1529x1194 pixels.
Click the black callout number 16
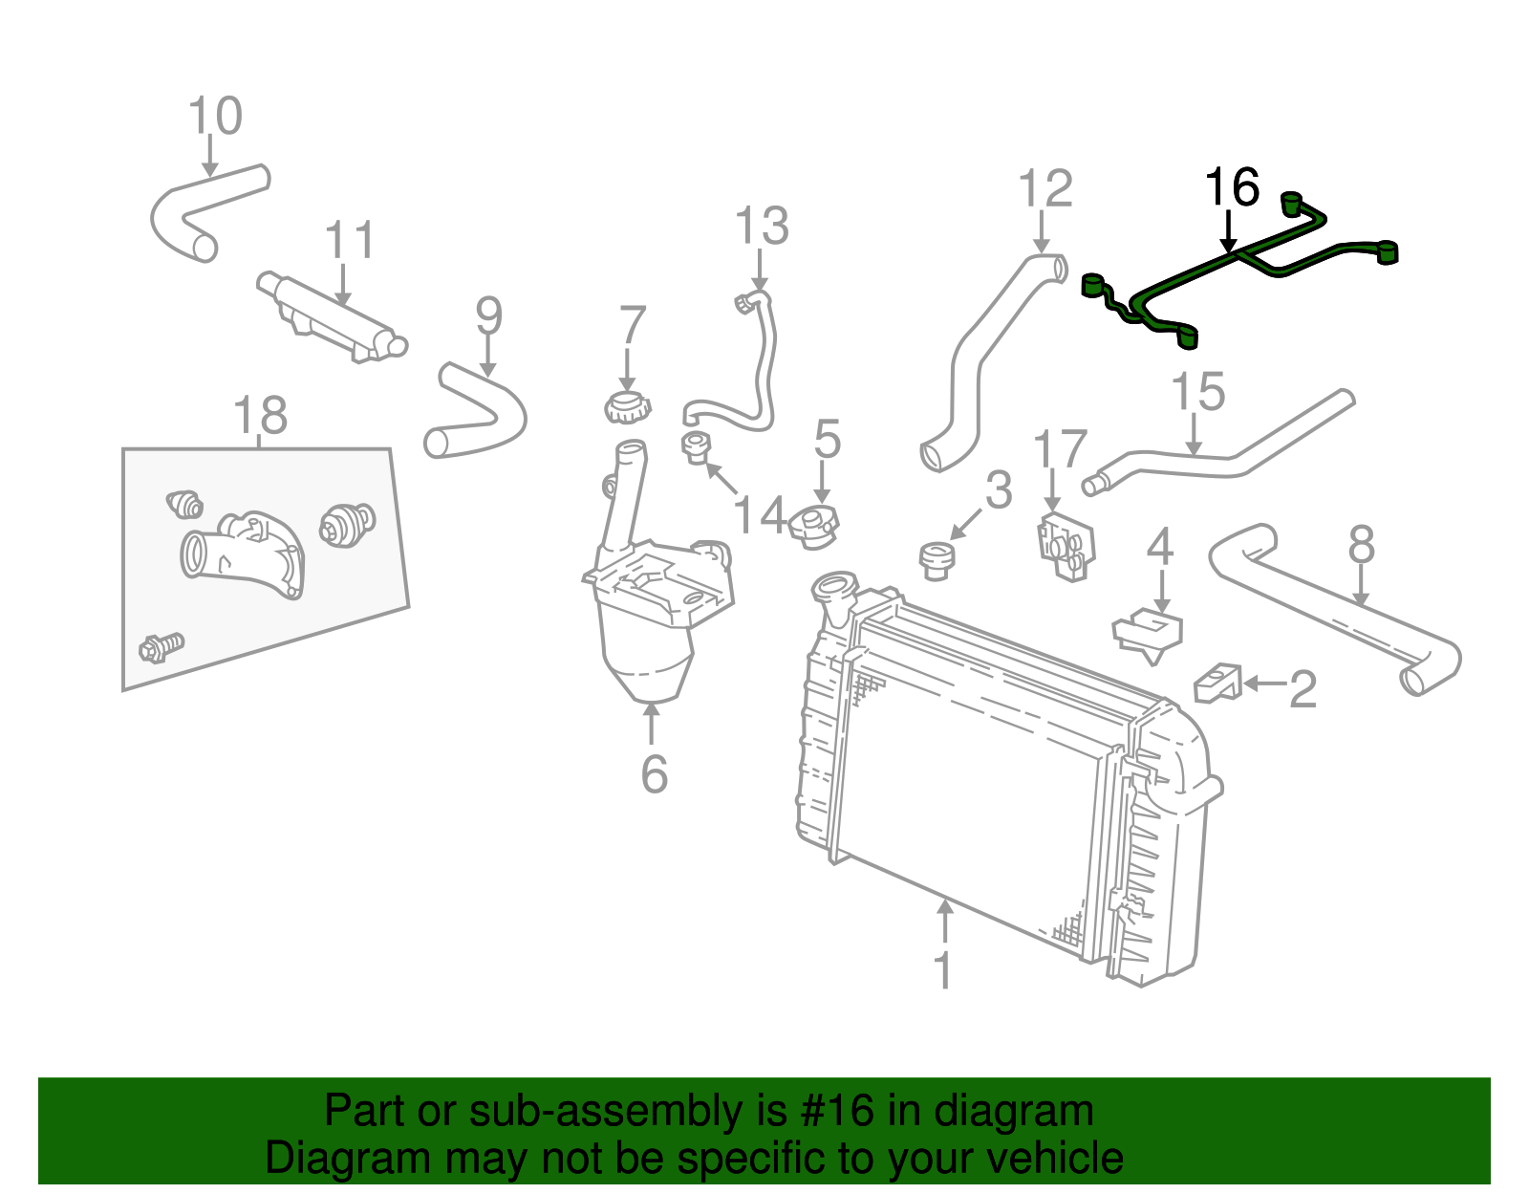pos(1232,188)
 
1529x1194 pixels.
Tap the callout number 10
pos(215,117)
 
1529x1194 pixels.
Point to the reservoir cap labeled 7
pos(627,408)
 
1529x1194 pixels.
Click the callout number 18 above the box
pos(260,417)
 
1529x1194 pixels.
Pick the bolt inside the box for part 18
pos(161,647)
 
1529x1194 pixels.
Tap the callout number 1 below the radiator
pos(943,970)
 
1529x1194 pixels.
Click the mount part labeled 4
pos(1151,632)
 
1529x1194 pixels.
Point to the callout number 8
pos(1361,546)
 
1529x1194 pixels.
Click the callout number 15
pos(1197,392)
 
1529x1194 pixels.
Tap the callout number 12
pos(1045,189)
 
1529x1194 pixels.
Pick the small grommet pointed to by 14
pos(696,445)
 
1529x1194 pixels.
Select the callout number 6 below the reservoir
pos(654,774)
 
